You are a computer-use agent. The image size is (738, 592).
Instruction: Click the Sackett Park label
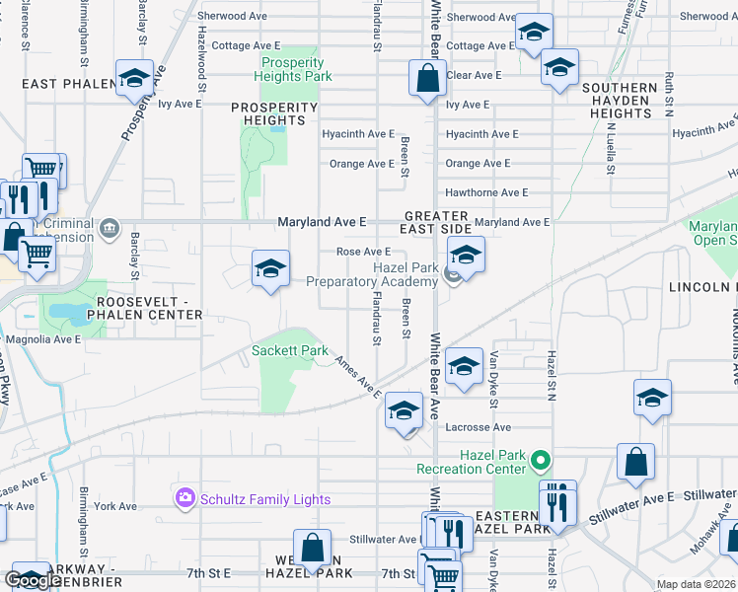click(289, 350)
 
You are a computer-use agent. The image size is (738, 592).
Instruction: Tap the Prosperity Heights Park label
click(293, 69)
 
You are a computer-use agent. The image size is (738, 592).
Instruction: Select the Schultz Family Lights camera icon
click(184, 498)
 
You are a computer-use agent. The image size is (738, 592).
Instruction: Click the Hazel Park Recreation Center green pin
click(540, 460)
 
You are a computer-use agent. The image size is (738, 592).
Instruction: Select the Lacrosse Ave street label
click(479, 427)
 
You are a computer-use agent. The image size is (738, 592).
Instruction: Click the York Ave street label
click(115, 506)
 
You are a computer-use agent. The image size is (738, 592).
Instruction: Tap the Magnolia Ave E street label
click(42, 339)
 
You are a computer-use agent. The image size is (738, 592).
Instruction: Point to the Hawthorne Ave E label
click(486, 192)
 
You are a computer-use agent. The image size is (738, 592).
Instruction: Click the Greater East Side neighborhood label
click(435, 223)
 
